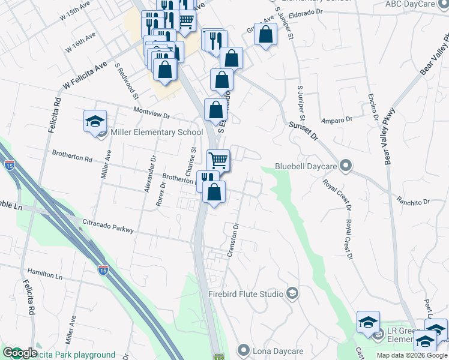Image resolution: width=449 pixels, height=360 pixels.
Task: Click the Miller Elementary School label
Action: point(152,133)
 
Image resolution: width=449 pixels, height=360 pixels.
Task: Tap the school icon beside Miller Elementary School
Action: point(95,122)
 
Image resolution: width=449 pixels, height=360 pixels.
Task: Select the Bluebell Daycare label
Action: point(305,166)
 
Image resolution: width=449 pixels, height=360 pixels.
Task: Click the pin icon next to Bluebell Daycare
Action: point(345,165)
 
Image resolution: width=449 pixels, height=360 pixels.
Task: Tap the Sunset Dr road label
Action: point(302,130)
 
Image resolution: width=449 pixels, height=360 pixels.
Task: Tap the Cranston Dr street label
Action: point(234,241)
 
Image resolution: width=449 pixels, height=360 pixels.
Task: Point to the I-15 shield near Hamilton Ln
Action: point(103,271)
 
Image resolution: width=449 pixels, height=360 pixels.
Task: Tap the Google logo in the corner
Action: point(20,353)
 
